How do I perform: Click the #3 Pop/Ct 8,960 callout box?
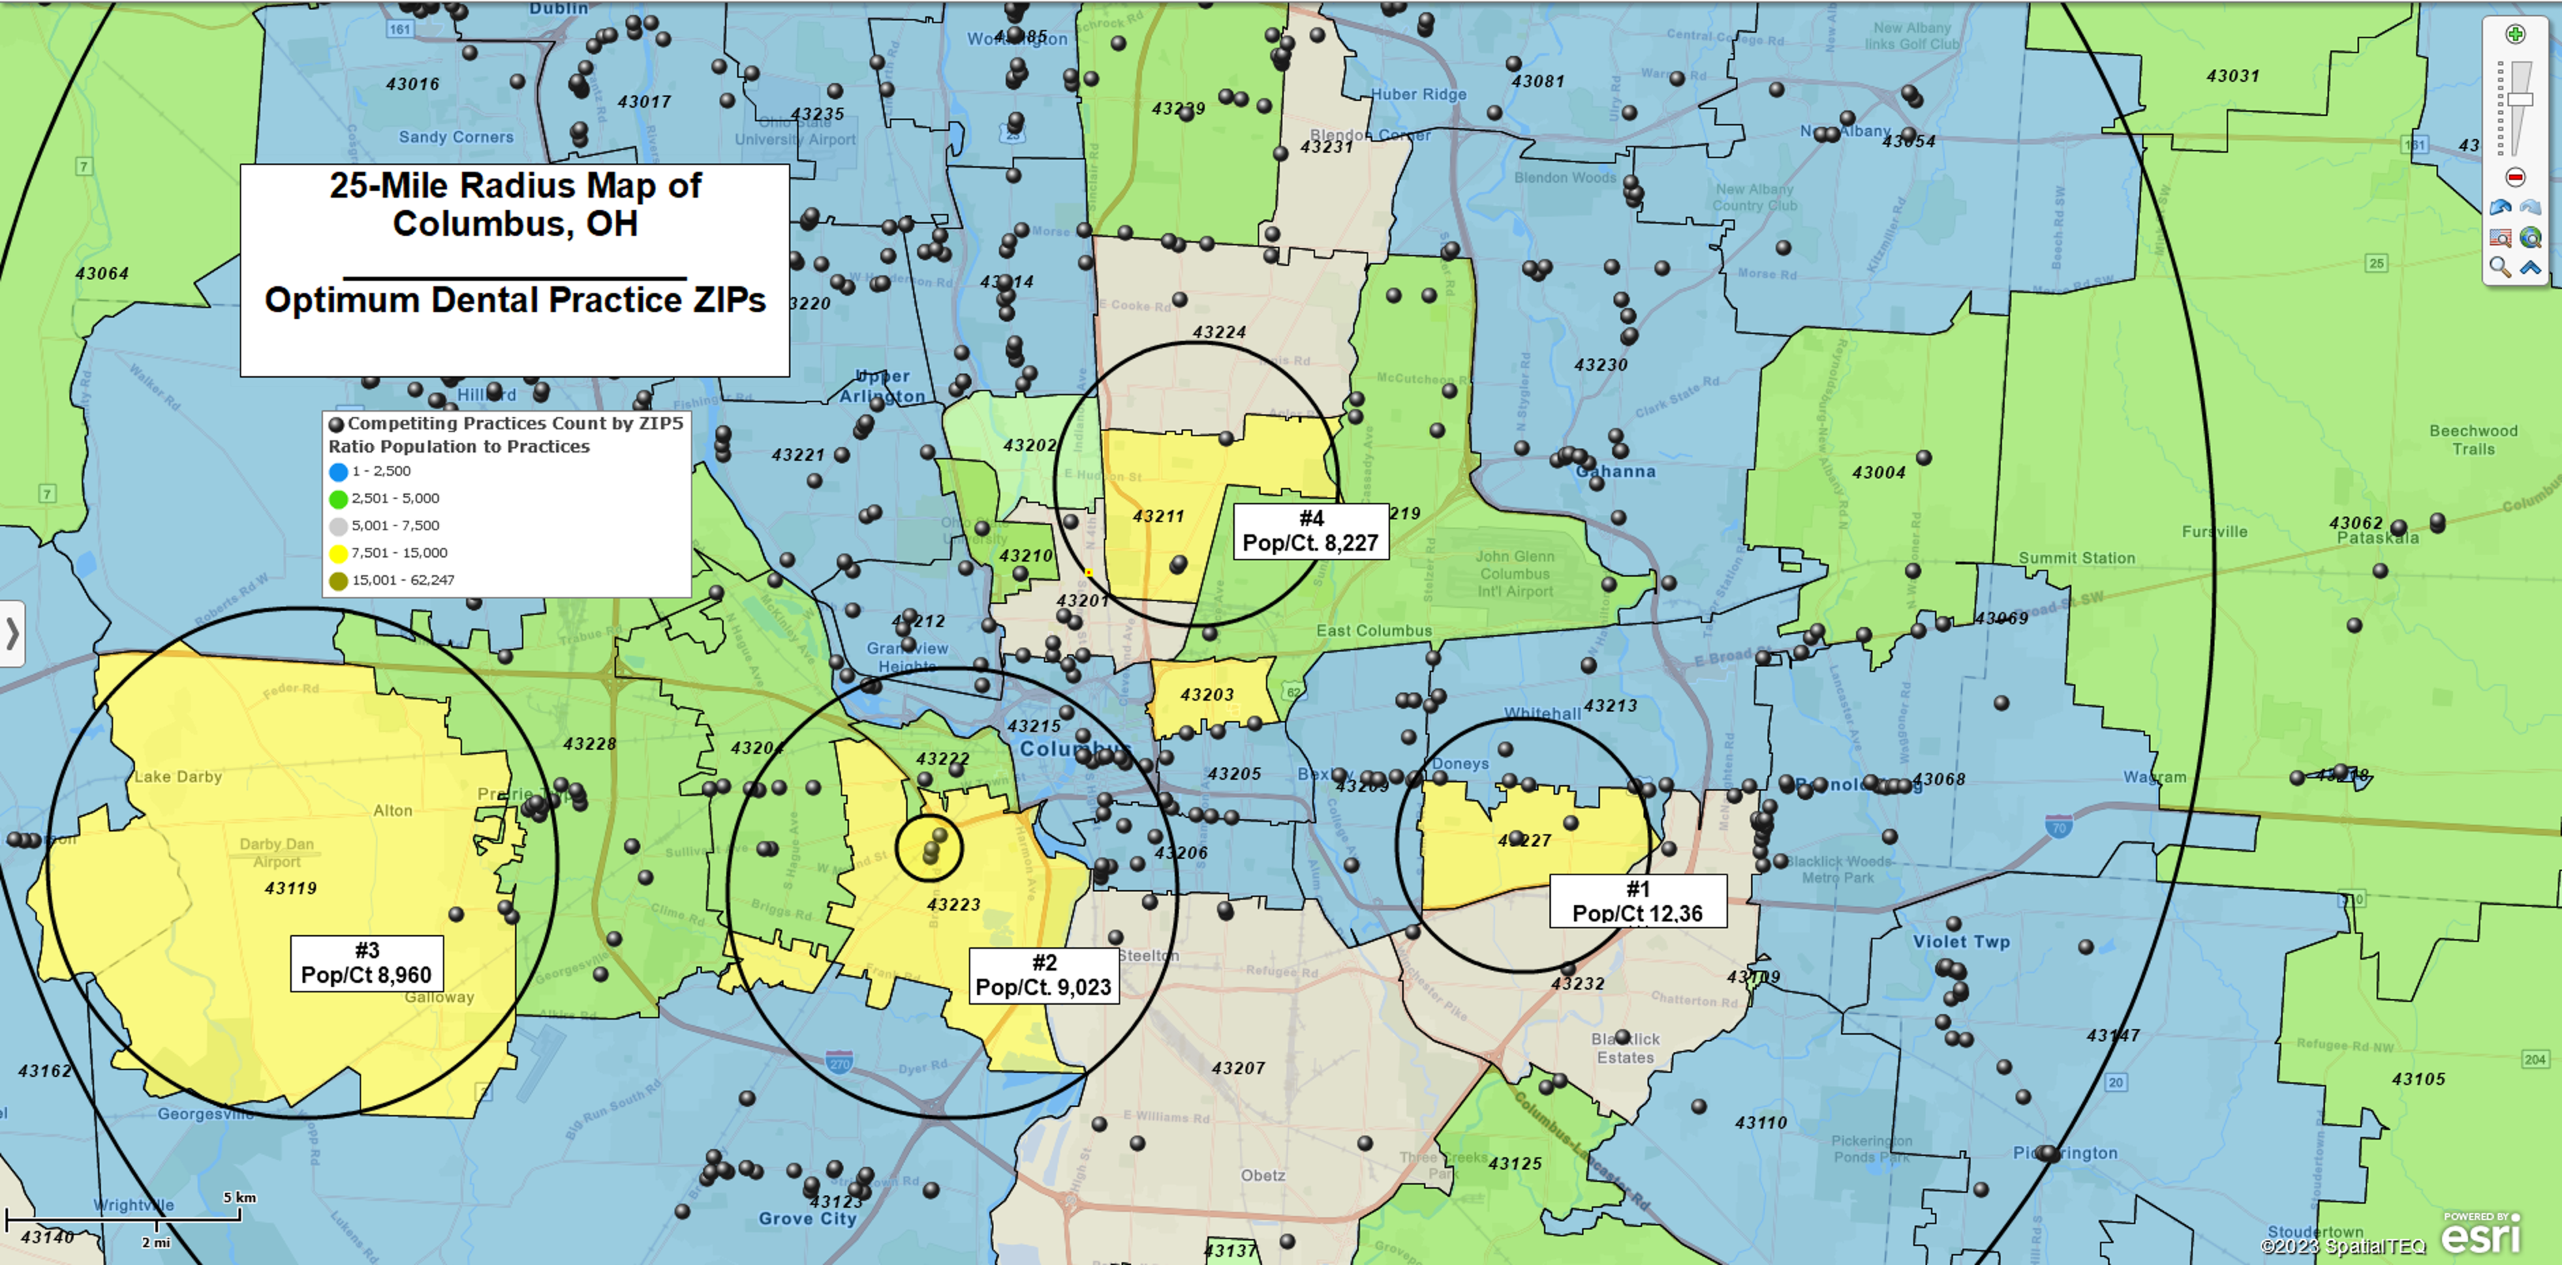pos(366,962)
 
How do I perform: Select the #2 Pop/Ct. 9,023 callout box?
pos(1043,975)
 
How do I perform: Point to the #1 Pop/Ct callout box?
pos(1637,901)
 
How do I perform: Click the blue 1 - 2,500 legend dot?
pos(338,472)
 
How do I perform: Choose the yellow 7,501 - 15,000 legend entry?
pos(399,553)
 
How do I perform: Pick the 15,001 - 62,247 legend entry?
pos(402,580)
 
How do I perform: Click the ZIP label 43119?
pos(290,888)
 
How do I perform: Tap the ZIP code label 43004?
pos(1879,472)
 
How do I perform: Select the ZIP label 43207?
pos(1238,1068)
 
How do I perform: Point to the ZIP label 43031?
pos(2233,76)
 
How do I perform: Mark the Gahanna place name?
pos(1616,472)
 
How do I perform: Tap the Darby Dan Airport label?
pos(277,852)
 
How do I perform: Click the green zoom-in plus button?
pos(2515,35)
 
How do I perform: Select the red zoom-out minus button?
pos(2515,177)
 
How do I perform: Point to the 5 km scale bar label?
pos(240,1198)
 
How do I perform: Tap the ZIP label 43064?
pos(102,273)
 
